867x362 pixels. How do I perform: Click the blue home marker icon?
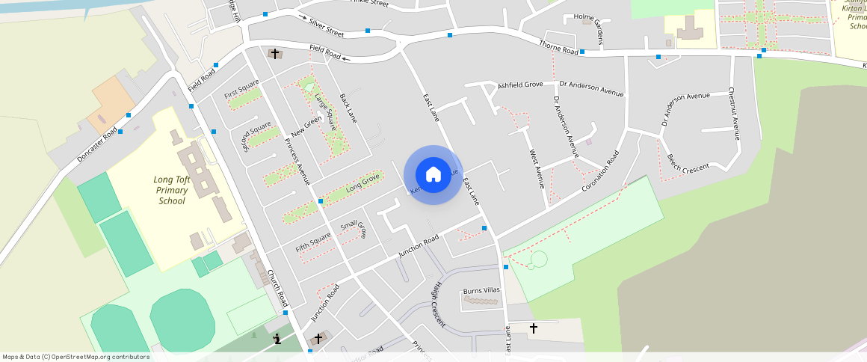433,174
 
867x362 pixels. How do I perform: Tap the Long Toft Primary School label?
172,190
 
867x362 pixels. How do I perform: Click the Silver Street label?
326,29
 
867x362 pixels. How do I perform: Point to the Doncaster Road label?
96,144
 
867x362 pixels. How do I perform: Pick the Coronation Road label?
602,171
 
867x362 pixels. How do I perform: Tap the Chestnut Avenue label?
734,114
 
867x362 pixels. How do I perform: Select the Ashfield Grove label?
520,85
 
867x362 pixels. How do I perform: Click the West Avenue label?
536,169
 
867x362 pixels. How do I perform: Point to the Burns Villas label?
481,290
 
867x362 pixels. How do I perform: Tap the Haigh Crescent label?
437,304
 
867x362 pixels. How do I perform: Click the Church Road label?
277,287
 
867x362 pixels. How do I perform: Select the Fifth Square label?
312,242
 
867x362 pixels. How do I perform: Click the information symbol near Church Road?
277,339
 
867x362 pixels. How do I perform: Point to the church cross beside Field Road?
275,54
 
